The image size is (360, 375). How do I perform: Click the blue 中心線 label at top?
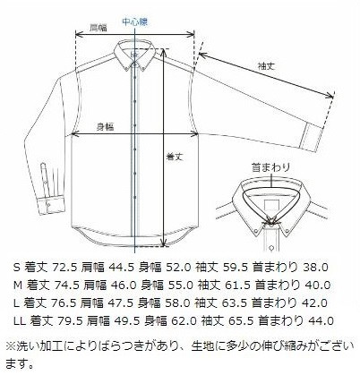(135, 21)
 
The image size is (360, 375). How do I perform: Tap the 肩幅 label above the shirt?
(99, 28)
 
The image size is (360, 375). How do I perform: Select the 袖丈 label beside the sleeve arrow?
(266, 66)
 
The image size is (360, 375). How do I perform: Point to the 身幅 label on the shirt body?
(105, 127)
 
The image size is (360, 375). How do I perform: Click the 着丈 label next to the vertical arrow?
(174, 157)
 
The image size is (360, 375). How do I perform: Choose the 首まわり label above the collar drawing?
(270, 167)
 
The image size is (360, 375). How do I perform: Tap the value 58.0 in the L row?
(177, 303)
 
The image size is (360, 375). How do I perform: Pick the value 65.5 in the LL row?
(241, 321)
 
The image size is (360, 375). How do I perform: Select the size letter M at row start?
(18, 286)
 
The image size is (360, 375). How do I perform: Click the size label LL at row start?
(20, 321)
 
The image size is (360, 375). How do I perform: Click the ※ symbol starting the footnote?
(11, 346)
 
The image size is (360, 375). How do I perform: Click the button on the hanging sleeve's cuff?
(48, 205)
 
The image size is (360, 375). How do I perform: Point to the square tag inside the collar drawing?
(272, 206)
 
